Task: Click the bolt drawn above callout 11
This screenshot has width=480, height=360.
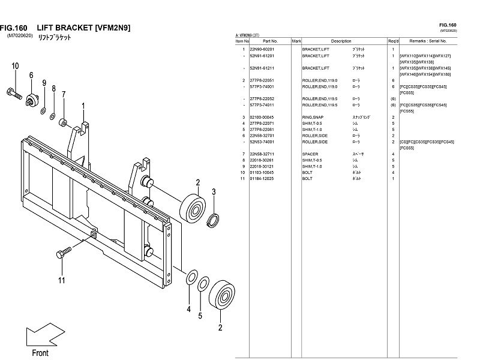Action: [64, 254]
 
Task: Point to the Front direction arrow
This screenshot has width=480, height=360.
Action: [38, 335]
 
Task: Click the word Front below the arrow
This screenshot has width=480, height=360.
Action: [40, 353]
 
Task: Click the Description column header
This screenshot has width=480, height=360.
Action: [340, 41]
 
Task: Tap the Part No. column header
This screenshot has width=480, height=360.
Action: [269, 41]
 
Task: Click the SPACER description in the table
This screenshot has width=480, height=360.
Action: [310, 154]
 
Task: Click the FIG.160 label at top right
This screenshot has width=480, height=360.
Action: [448, 25]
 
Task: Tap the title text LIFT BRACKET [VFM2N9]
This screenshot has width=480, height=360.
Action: [83, 28]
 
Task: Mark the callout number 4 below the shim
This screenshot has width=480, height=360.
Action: [188, 310]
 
